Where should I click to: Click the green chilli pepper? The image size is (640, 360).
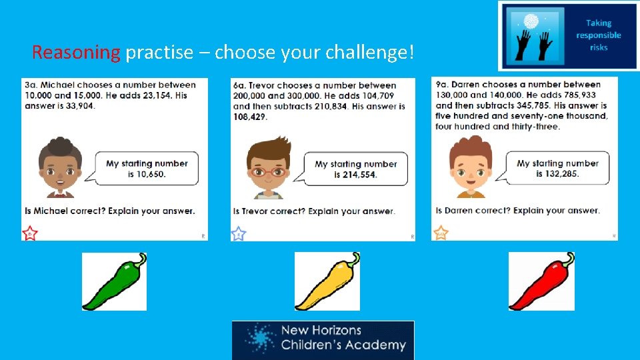[114, 281]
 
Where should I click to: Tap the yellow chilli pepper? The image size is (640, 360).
[327, 281]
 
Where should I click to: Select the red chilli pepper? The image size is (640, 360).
[541, 281]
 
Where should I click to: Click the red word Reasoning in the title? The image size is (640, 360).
[75, 52]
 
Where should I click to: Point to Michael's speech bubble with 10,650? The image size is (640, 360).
[147, 169]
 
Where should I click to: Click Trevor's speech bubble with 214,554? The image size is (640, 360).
[355, 169]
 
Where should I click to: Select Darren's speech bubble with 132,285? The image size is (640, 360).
[557, 168]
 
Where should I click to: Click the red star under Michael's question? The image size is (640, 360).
[30, 233]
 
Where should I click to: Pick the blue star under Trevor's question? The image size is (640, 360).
[238, 233]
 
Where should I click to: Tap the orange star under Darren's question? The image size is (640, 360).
[441, 233]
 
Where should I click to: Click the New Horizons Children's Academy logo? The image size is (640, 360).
[323, 339]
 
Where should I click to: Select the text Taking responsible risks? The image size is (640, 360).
[598, 35]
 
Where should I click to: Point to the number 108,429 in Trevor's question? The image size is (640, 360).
[250, 117]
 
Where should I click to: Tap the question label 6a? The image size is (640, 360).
[240, 85]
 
